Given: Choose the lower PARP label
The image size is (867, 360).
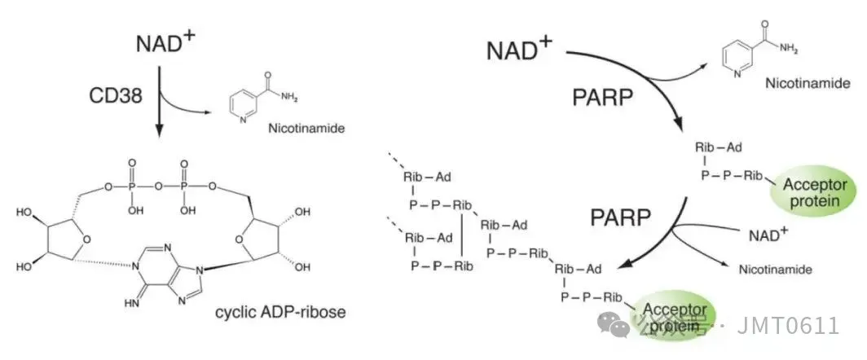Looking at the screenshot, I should (x=621, y=218).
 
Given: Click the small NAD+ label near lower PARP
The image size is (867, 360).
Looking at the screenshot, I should (x=768, y=235).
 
